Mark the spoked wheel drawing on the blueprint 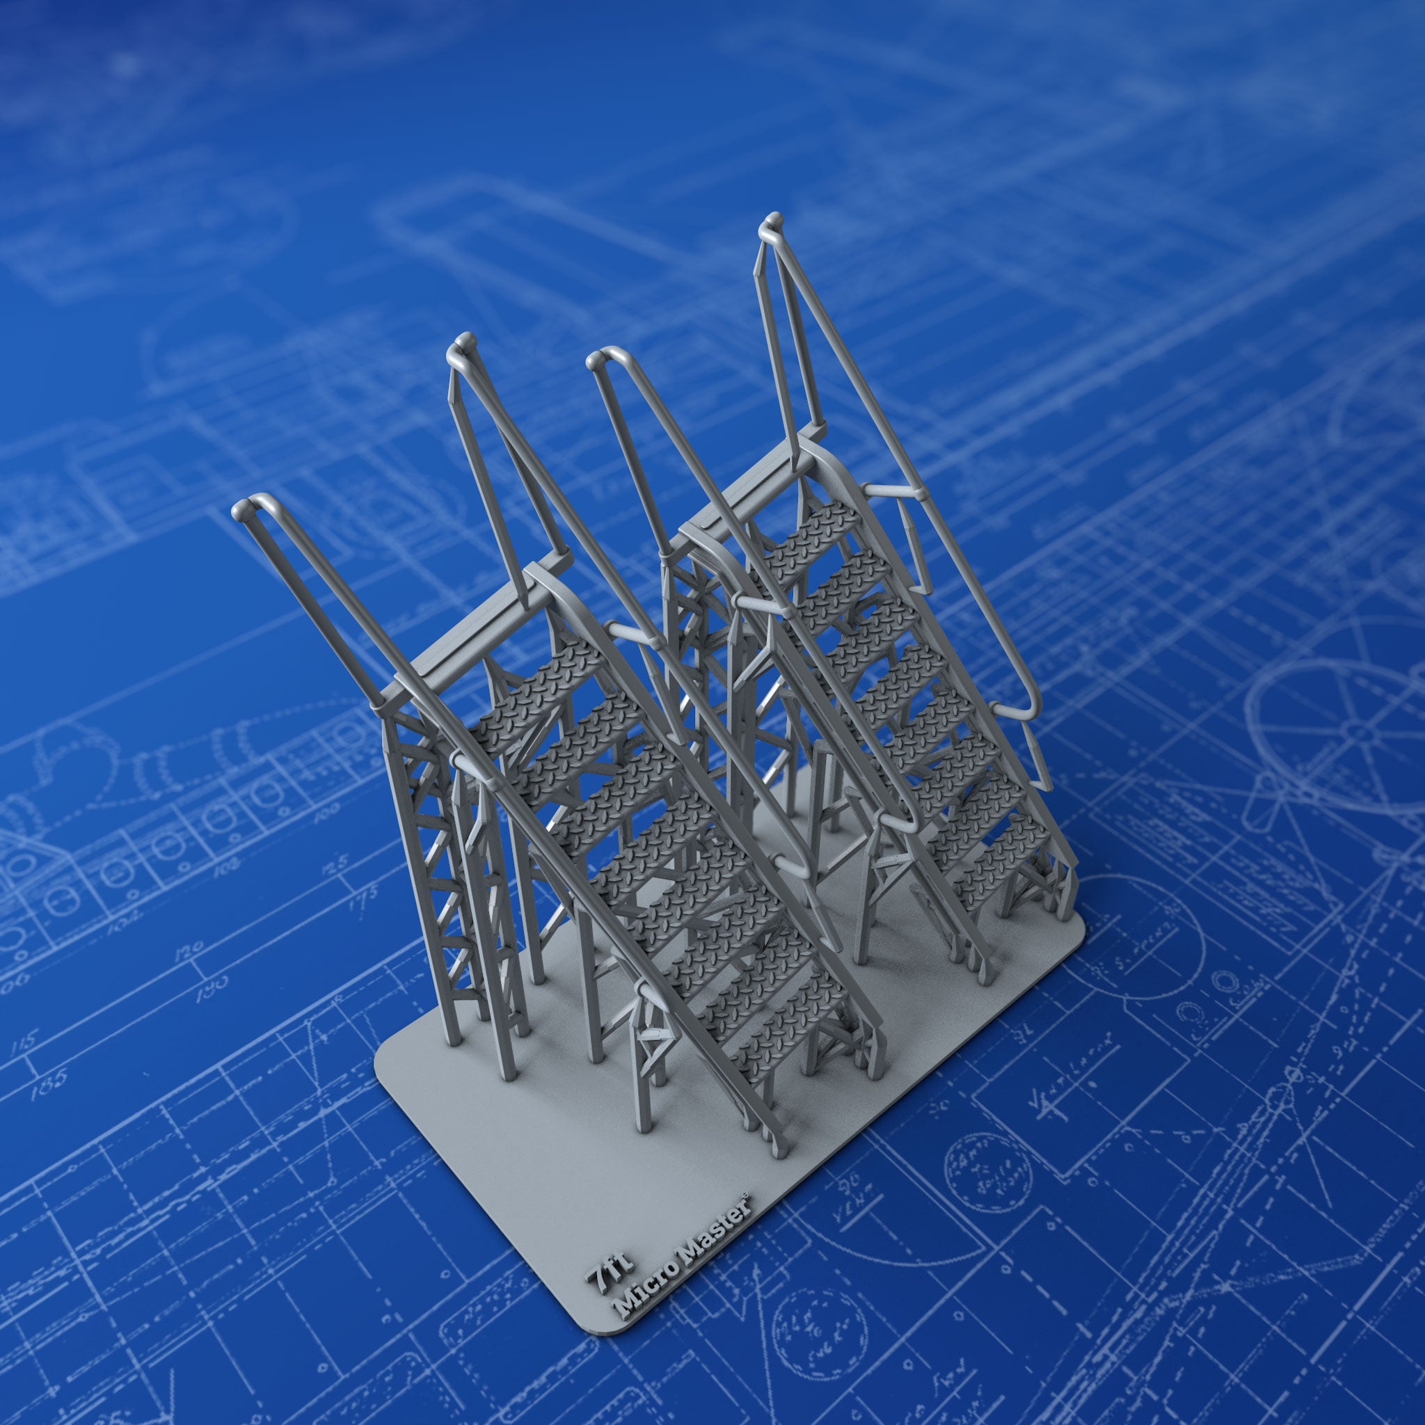[1328, 726]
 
